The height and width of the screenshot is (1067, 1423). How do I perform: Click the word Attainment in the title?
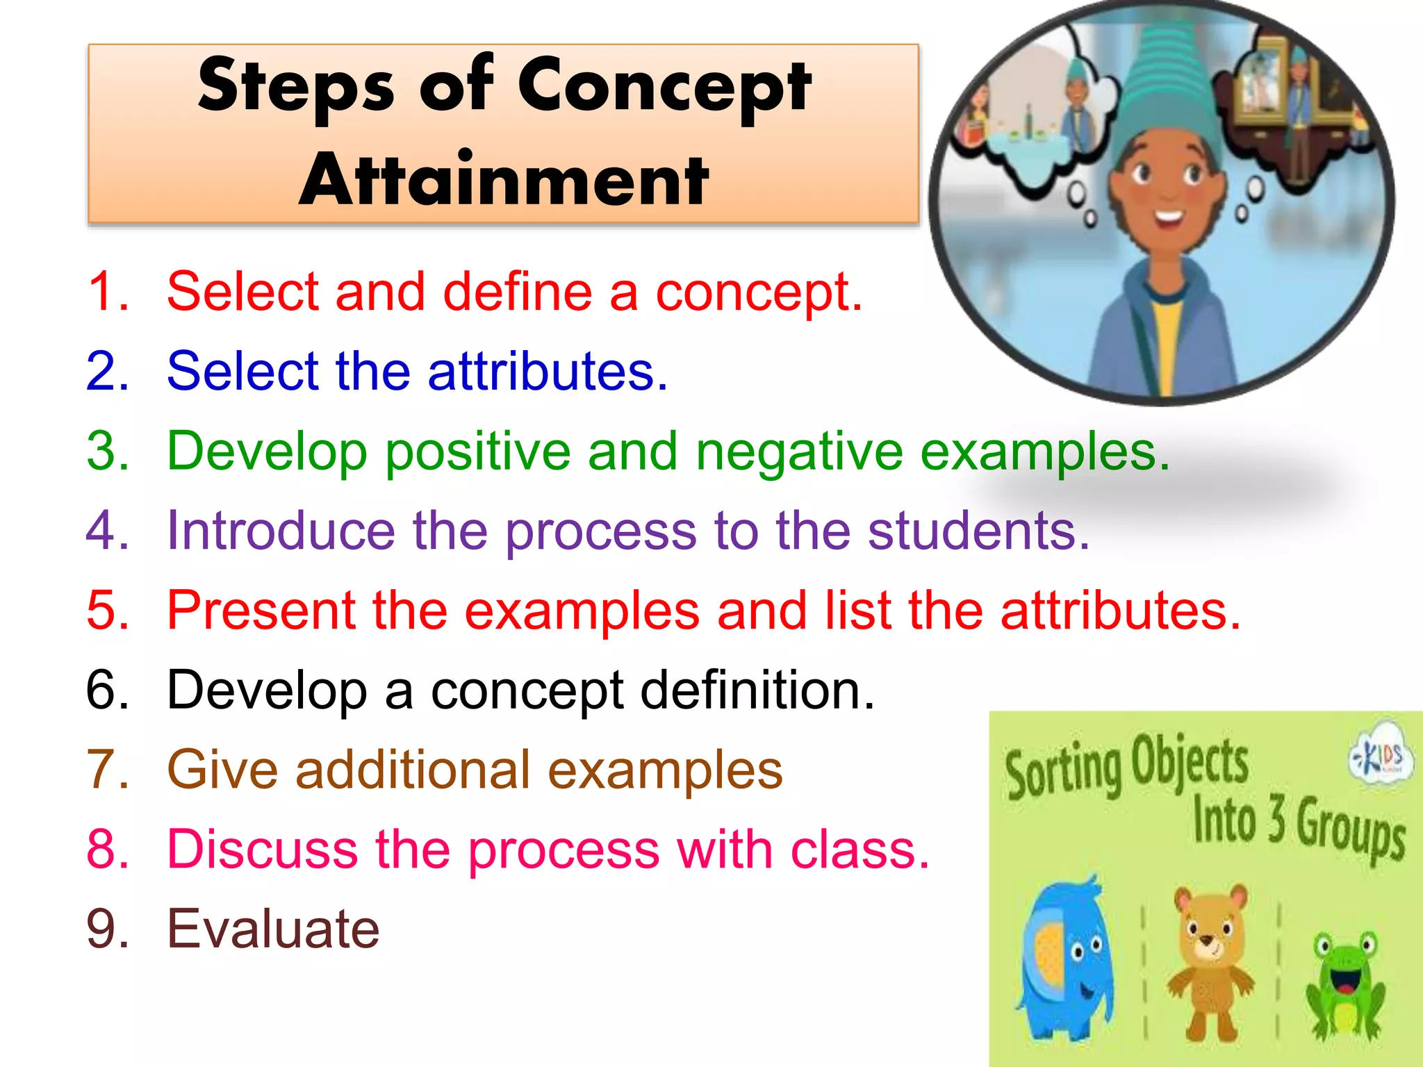(504, 181)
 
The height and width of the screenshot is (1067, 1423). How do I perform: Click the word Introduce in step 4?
(281, 531)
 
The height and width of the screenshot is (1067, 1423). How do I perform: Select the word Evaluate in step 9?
(273, 929)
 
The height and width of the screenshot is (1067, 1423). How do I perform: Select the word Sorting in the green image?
(1063, 771)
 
